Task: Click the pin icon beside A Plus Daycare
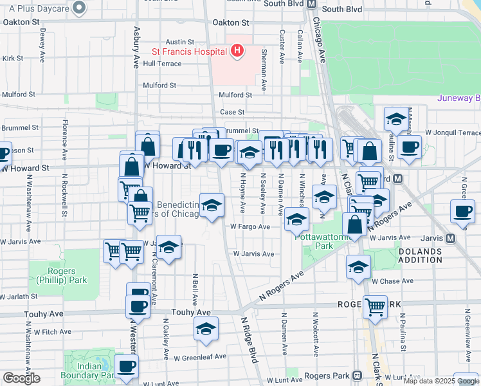(x=79, y=7)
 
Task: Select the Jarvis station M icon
(x=450, y=237)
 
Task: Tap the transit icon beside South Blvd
(x=311, y=4)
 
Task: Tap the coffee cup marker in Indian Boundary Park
(x=127, y=366)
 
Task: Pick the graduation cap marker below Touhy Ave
(x=206, y=329)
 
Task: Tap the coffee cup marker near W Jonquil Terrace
(x=408, y=147)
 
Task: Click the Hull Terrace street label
(x=162, y=64)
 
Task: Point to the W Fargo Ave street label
(x=250, y=226)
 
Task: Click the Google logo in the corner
(x=21, y=378)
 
